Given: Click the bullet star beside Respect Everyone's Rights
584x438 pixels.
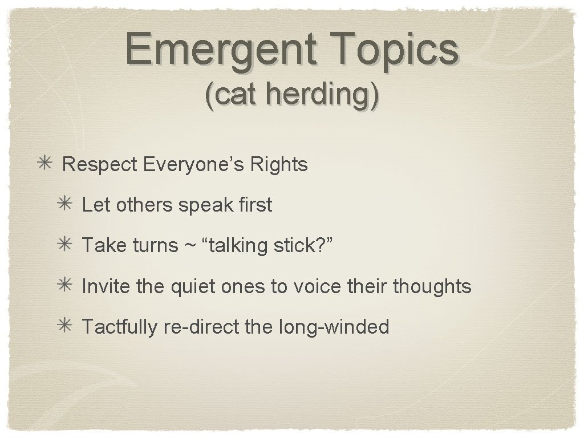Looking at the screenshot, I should [46, 164].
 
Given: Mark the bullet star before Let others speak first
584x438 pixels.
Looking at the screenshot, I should [65, 205].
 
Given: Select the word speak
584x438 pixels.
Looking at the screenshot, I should [201, 205].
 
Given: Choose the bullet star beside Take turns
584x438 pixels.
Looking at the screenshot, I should [65, 246].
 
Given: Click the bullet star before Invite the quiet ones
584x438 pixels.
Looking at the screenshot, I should [65, 286].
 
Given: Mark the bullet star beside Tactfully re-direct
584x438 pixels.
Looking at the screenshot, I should [65, 327].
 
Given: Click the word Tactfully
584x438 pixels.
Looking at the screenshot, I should [119, 327].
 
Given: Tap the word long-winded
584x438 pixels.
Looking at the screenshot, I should [334, 327].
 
